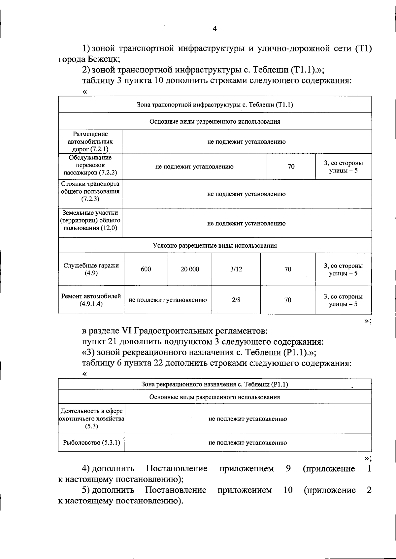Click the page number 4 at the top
pyautogui.click(x=214, y=29)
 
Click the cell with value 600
pyautogui.click(x=146, y=269)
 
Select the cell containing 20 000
pyautogui.click(x=190, y=269)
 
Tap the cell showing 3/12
pyautogui.click(x=236, y=269)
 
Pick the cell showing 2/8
pyautogui.click(x=236, y=300)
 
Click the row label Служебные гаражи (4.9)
pyautogui.click(x=91, y=269)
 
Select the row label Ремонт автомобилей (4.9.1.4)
pyautogui.click(x=91, y=300)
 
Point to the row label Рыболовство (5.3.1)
pyautogui.click(x=91, y=443)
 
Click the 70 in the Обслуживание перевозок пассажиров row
pyautogui.click(x=291, y=167)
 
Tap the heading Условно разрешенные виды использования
pyautogui.click(x=214, y=245)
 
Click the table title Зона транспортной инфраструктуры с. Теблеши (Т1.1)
pyautogui.click(x=214, y=105)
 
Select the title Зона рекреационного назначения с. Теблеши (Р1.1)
pyautogui.click(x=214, y=384)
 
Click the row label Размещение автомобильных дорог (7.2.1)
pyautogui.click(x=90, y=141)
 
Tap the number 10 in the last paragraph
pyautogui.click(x=288, y=490)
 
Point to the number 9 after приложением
pyautogui.click(x=288, y=469)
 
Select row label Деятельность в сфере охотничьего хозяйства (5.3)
pyautogui.click(x=91, y=419)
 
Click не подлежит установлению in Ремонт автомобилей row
pyautogui.click(x=168, y=300)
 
